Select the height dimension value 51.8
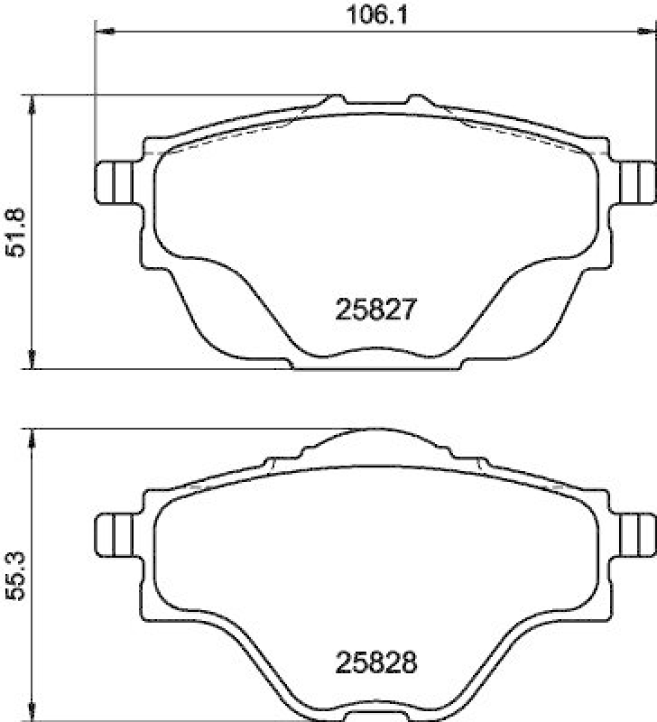15,233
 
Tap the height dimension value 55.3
15,574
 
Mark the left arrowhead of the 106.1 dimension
102,32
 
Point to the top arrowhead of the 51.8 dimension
33,102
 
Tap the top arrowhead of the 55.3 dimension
33,435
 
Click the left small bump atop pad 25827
336,98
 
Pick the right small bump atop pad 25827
416,98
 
